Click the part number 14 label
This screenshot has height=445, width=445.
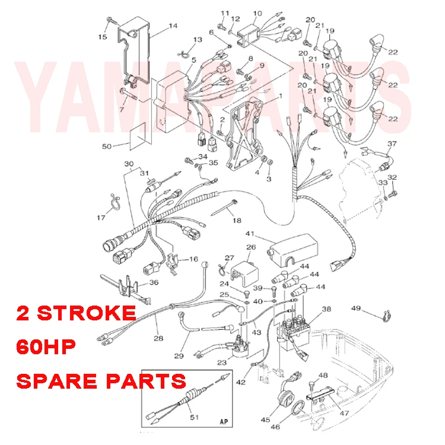[x=173, y=26]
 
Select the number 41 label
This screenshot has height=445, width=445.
[x=250, y=234]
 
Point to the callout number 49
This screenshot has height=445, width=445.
[x=356, y=308]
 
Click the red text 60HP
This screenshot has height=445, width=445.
[x=46, y=347]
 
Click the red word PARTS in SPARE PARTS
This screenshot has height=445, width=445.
[x=147, y=380]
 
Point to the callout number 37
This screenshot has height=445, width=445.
[x=392, y=144]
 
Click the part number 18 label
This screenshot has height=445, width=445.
[x=237, y=221]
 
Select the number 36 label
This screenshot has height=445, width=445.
[x=153, y=282]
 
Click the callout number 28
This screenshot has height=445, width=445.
[x=158, y=338]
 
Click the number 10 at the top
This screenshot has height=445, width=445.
[x=257, y=13]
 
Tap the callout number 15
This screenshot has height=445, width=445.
[x=103, y=37]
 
